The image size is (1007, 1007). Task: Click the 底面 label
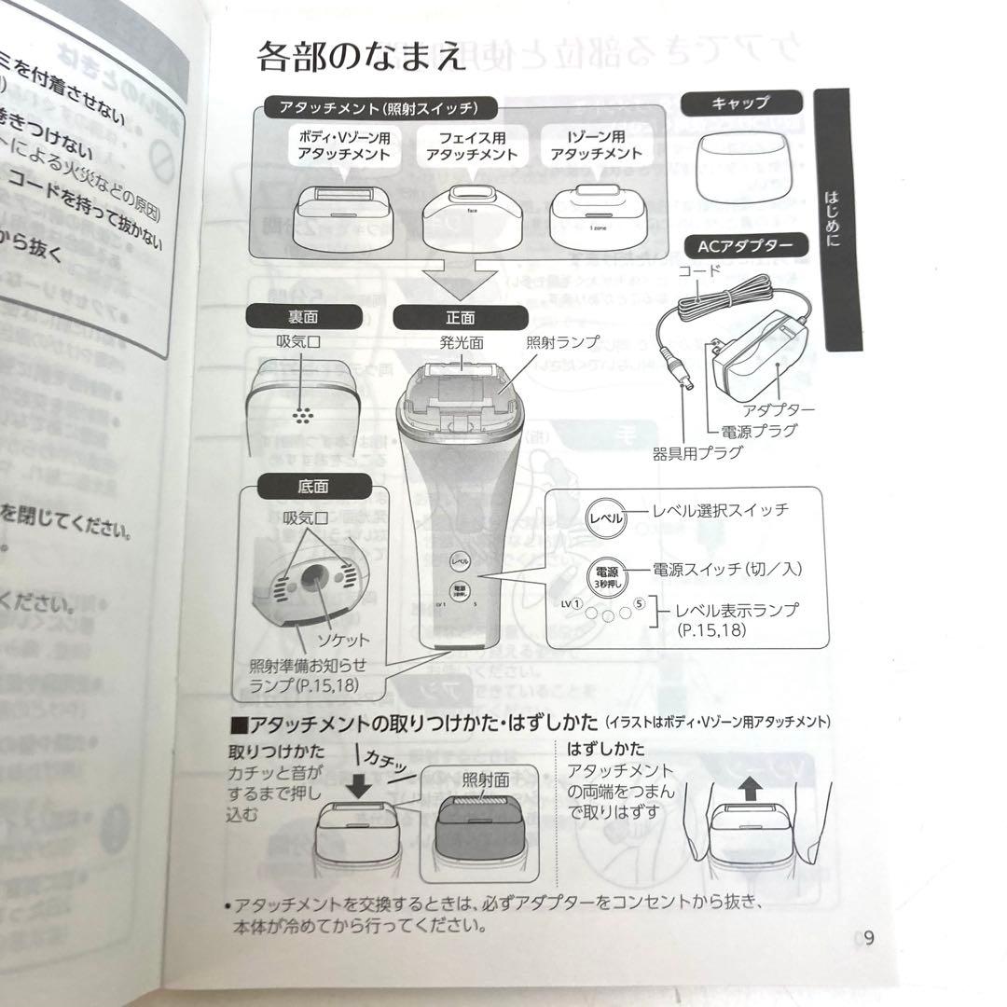tap(287, 486)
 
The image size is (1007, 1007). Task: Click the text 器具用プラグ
tap(697, 453)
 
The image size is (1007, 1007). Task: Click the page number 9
tap(868, 938)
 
